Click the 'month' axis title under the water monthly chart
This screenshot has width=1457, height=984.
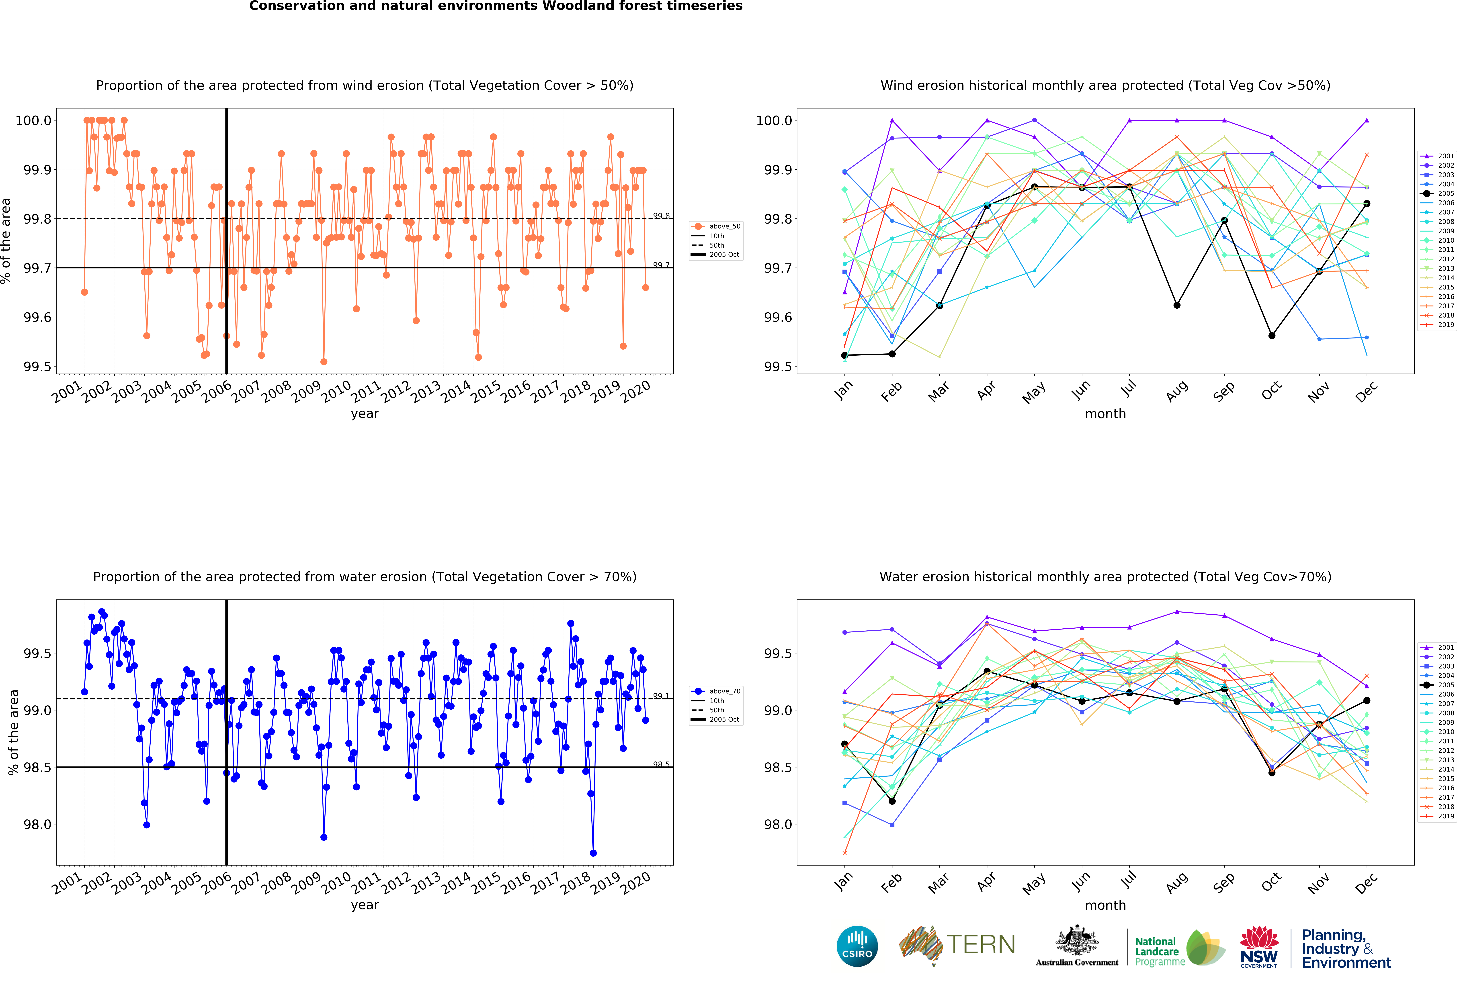click(1105, 905)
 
